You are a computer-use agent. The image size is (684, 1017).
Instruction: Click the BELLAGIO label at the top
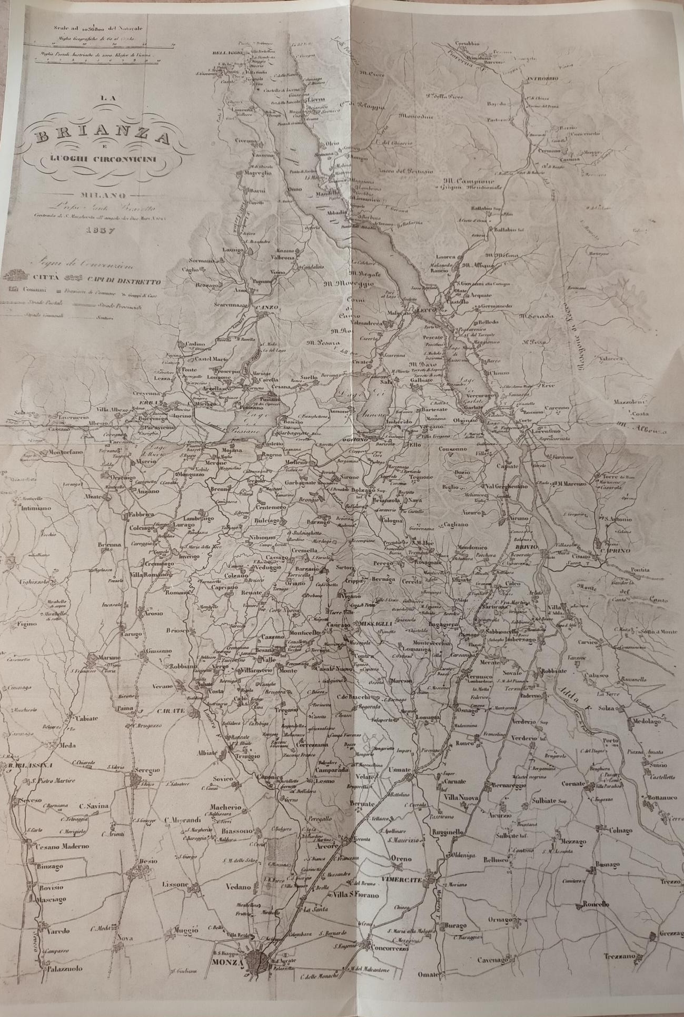click(227, 53)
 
